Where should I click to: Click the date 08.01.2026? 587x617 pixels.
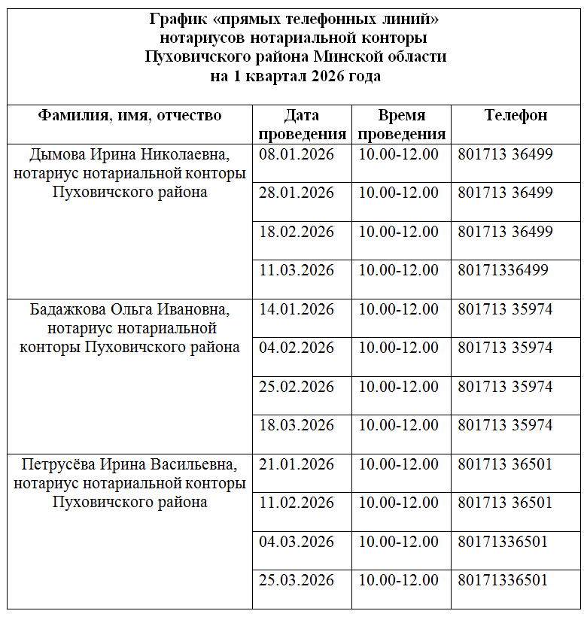click(x=297, y=155)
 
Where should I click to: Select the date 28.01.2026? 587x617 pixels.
click(x=297, y=193)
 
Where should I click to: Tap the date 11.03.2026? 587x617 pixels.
click(x=297, y=270)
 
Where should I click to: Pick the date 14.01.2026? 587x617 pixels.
click(x=297, y=309)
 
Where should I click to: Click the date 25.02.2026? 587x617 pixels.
click(x=297, y=387)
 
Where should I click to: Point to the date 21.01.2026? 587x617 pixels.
click(x=297, y=464)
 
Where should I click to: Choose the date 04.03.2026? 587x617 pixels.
click(x=297, y=542)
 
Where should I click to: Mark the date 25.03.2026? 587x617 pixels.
click(x=297, y=580)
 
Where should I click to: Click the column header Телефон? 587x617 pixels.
click(x=516, y=115)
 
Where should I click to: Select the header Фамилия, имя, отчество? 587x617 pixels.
click(x=130, y=115)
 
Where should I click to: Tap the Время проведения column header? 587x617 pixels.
click(x=402, y=125)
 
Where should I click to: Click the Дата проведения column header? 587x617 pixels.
click(x=302, y=125)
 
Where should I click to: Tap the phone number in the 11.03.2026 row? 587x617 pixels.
click(x=503, y=270)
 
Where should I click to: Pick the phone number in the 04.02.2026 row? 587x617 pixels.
click(x=505, y=348)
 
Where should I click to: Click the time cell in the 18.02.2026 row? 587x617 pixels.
click(x=398, y=231)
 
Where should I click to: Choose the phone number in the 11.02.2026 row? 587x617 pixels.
click(x=505, y=503)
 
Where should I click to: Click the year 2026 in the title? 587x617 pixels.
click(x=331, y=76)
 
